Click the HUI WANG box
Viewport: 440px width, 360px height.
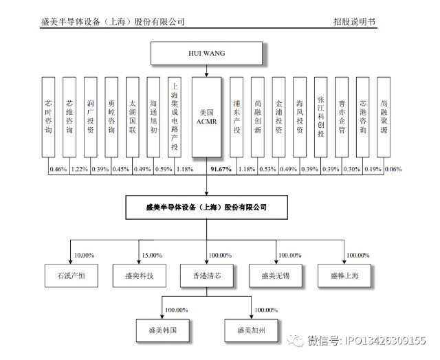206,54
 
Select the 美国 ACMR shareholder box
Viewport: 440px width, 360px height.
206,117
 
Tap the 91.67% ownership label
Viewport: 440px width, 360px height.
221,169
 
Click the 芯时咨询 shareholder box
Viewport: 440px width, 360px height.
48,117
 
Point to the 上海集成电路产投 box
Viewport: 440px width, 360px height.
175,117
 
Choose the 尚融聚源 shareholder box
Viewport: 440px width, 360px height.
384,117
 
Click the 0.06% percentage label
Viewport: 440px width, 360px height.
393,169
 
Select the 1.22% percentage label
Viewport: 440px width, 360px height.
80,169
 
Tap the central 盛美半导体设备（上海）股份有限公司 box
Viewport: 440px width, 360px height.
206,207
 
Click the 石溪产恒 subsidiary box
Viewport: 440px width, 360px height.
71,275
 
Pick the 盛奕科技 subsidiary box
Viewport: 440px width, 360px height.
139,275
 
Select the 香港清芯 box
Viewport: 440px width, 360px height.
207,275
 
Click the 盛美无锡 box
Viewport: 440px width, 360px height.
276,275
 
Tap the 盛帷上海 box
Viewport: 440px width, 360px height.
344,275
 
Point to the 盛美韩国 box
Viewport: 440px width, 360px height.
163,330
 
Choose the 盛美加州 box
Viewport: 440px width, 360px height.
251,330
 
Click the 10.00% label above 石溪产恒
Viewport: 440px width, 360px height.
84,256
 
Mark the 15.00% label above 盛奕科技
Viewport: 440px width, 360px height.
151,256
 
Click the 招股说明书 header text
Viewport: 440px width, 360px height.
355,21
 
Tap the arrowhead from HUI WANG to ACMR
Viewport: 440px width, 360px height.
206,75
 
